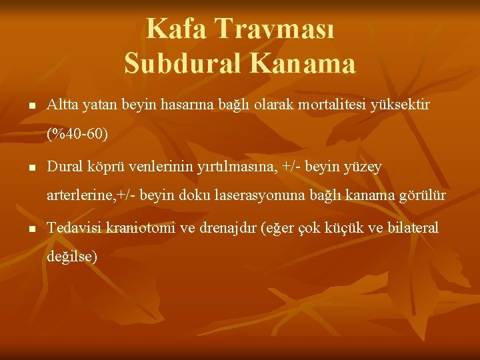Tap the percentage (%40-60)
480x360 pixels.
77,135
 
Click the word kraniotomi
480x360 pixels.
139,227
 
